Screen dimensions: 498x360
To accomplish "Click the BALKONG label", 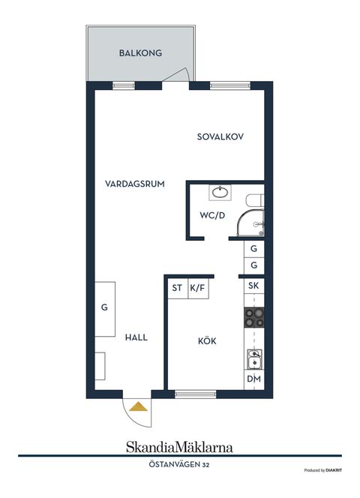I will click(x=140, y=53).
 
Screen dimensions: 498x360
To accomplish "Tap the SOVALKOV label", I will click(x=221, y=136).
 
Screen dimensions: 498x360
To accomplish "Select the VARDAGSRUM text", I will click(x=135, y=183).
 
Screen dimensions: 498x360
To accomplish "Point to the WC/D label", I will click(x=211, y=215).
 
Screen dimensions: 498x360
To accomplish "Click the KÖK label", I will click(x=207, y=340).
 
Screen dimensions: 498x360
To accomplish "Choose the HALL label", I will click(x=136, y=337).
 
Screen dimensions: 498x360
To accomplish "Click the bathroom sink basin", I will click(x=220, y=193).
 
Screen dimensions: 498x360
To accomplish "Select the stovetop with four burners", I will click(x=253, y=318).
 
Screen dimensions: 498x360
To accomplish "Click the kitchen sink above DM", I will click(x=254, y=361).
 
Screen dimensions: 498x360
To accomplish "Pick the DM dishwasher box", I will click(x=253, y=379).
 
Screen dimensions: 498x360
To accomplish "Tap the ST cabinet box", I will click(x=177, y=287).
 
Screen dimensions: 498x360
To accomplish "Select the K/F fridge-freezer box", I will click(x=198, y=287).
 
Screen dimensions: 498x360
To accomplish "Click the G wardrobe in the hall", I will click(x=104, y=307).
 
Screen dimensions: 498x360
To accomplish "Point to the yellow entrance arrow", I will click(x=138, y=406).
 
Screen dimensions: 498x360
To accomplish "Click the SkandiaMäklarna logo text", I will click(x=179, y=447).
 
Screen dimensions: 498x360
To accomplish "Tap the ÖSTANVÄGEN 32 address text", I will click(x=179, y=465).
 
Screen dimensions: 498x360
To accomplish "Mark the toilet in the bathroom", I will click(x=255, y=200).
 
